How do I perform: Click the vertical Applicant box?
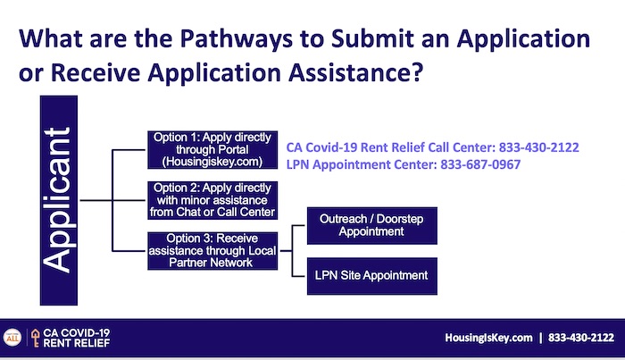coord(59,200)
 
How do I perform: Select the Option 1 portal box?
coord(212,149)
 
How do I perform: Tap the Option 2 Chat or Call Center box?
coord(212,200)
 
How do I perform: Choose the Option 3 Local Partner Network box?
coord(212,251)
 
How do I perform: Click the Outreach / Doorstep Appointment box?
coord(372,226)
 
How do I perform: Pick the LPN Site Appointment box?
coord(372,276)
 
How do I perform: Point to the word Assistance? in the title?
coord(356,72)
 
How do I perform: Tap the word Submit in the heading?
coord(372,38)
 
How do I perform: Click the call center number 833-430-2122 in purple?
coord(539,147)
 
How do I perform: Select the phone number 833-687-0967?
coord(480,164)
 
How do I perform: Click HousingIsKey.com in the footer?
coord(488,338)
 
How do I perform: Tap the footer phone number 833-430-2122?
coord(581,338)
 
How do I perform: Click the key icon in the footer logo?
coord(36,338)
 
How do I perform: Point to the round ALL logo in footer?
coord(12,338)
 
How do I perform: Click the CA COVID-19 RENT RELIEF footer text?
coord(77,338)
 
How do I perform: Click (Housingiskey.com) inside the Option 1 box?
coord(212,162)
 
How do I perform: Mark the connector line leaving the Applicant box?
coord(96,200)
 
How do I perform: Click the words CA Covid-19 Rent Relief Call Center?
coord(389,147)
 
